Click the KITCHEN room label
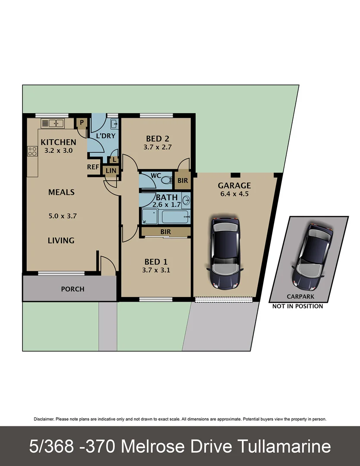58,142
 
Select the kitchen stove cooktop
32,151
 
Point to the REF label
94,167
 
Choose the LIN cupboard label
110,171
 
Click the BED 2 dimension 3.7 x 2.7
158,147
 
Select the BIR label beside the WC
183,180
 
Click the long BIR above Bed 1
165,232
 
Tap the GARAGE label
234,186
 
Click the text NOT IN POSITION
297,306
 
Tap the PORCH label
73,289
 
